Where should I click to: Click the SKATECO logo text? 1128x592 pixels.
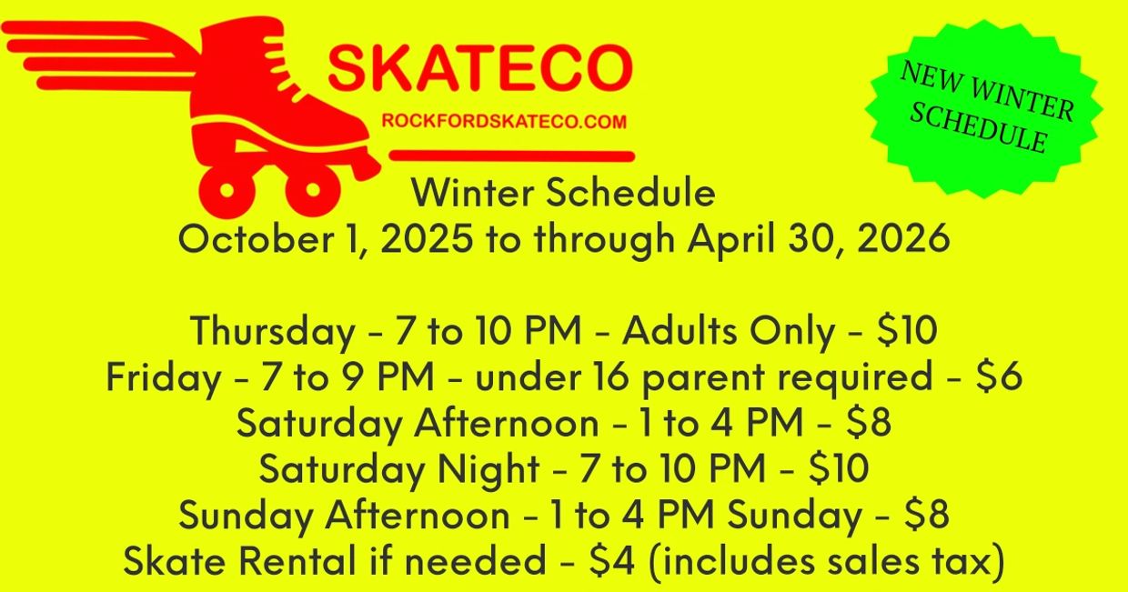pos(480,67)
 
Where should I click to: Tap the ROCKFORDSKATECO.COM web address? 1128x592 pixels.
pos(504,121)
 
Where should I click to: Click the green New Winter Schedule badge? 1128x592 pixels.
pos(984,107)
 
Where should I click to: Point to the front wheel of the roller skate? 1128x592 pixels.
pos(312,190)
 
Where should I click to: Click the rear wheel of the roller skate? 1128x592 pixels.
pos(227,190)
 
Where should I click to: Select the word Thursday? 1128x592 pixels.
pos(273,332)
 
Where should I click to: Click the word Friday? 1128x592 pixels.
pos(164,377)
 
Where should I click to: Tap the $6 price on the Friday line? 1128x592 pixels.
pos(1000,376)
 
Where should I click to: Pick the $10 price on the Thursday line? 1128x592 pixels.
pos(908,331)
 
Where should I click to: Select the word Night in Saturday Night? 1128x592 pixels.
pos(488,469)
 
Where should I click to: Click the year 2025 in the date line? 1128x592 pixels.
pos(427,238)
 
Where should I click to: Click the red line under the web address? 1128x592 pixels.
pos(511,156)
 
